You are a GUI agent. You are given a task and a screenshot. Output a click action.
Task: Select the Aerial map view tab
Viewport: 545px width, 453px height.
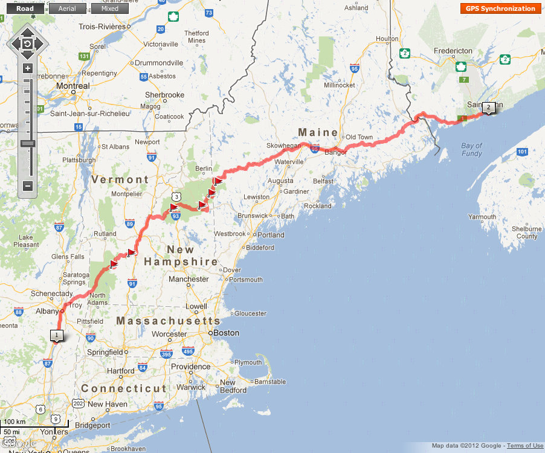[68, 8]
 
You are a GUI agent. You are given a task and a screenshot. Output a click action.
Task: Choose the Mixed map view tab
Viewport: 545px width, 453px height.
[109, 8]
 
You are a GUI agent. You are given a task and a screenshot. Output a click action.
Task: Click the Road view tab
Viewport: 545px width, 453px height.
[25, 8]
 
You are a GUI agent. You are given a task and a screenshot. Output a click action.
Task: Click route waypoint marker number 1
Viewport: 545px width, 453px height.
[56, 335]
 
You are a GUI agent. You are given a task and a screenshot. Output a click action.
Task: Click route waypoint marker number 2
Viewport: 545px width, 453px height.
[488, 107]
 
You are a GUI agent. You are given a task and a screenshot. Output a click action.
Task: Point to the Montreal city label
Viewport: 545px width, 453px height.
[73, 86]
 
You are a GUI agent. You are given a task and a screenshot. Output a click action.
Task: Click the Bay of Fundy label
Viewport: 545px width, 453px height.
[471, 149]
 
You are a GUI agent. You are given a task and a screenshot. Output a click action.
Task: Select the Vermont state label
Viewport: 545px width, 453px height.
[120, 179]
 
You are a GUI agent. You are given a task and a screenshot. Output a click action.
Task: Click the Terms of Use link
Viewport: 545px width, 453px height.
[524, 446]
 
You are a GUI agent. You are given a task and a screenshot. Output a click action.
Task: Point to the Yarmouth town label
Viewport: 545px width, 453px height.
[482, 217]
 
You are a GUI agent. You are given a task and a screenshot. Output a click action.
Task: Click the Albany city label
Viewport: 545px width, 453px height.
[47, 311]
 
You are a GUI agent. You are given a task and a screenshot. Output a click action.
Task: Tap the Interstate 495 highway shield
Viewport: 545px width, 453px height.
[188, 352]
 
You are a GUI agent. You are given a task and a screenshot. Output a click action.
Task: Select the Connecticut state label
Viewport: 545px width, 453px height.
[124, 388]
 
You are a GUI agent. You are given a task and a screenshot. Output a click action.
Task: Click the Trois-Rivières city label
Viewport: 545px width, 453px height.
[102, 27]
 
